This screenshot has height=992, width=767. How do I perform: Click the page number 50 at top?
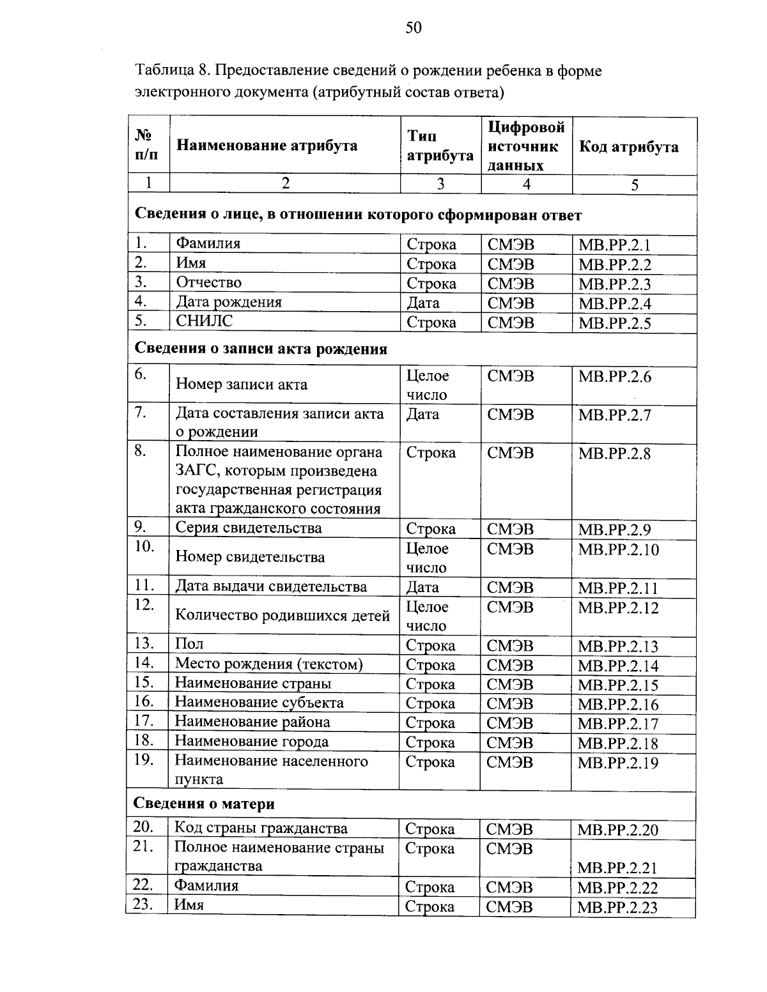point(414,27)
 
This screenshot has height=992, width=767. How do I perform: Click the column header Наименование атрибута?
point(267,146)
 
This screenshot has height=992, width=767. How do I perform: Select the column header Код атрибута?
point(628,147)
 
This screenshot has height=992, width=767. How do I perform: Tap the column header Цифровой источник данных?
point(526,146)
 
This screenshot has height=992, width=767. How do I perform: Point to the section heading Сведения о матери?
point(204,804)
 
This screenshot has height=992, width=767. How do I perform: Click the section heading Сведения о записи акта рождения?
point(261,349)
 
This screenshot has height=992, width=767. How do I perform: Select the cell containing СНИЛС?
point(205,321)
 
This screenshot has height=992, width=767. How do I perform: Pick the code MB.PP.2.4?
point(614,303)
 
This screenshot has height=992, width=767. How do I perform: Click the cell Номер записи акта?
point(241,385)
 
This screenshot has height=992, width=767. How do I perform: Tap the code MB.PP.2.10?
point(618,550)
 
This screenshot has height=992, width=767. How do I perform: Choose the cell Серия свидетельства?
point(249,528)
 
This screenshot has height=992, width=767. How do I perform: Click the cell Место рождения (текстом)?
point(268,664)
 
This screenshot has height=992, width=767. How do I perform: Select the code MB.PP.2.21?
point(617,868)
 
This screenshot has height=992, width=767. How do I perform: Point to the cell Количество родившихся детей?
point(283,616)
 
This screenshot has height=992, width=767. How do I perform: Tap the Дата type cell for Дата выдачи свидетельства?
point(422,587)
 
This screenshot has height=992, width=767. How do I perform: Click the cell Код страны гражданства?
point(261,829)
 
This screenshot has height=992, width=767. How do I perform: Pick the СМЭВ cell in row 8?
point(510,453)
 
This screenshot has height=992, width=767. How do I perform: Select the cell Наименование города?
point(252,742)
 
